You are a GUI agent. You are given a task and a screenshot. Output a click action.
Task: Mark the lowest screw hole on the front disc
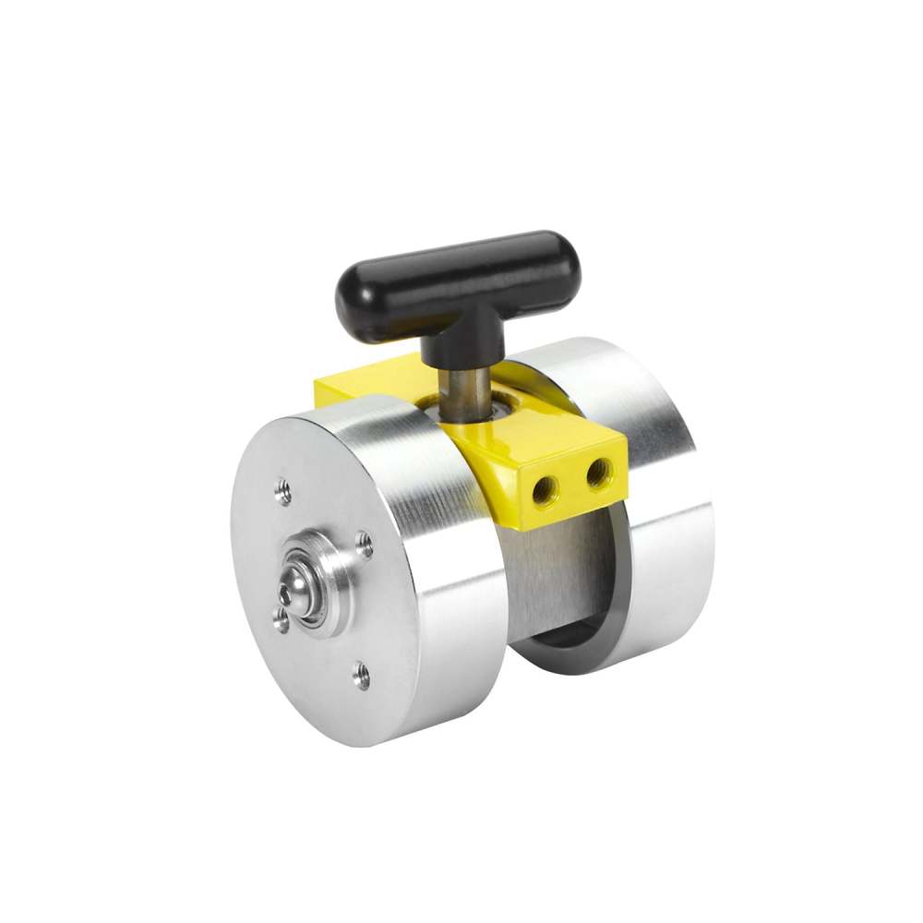(363, 677)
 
